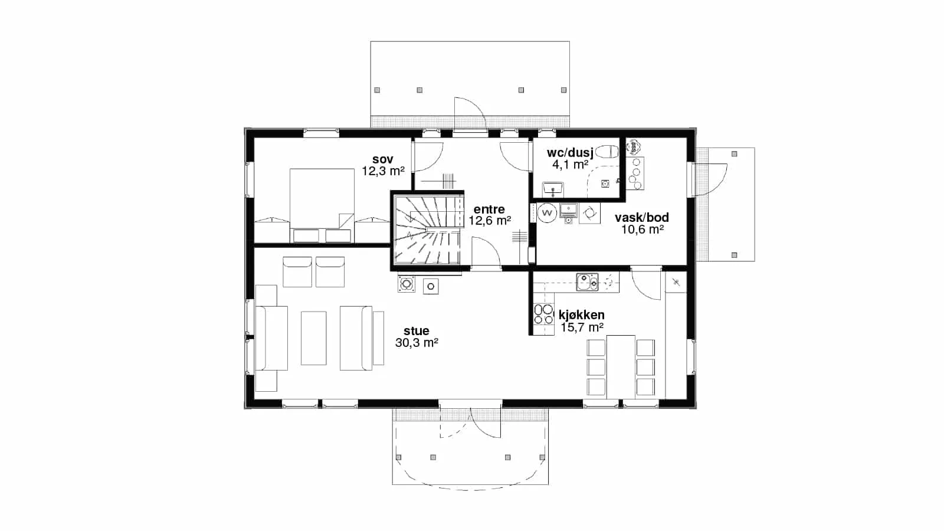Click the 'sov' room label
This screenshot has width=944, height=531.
click(383, 159)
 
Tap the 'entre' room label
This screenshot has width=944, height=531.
click(489, 209)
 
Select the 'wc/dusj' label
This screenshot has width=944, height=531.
click(570, 153)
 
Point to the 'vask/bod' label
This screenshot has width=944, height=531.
click(642, 218)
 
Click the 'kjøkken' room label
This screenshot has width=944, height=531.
click(582, 315)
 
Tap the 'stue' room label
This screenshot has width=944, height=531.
click(417, 331)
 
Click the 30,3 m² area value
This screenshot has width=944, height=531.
click(417, 343)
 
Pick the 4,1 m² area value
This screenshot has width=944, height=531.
click(570, 165)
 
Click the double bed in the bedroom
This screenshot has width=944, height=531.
click(322, 206)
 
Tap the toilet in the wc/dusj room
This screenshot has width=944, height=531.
click(608, 152)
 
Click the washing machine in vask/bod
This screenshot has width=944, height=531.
click(547, 213)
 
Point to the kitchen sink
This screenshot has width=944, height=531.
click(587, 282)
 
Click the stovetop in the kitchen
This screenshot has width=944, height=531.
click(543, 314)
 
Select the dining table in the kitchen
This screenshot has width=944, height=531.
click(621, 366)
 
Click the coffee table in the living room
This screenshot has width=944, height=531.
click(313, 338)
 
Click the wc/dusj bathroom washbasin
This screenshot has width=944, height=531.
click(553, 188)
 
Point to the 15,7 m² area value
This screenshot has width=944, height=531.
click(582, 327)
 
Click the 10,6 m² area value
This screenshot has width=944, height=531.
click(643, 230)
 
